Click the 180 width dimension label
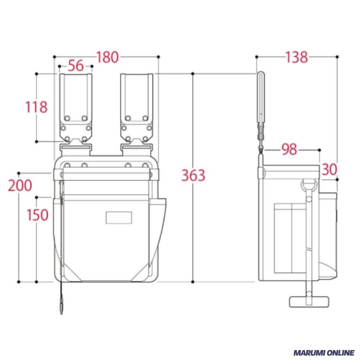coord(108,57)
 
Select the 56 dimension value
coord(76,66)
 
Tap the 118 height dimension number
coord(36,107)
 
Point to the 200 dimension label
coord(20,185)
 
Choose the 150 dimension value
coord(38,215)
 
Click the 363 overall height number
coord(193,175)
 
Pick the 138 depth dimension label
coord(297,57)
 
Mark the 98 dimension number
coord(289,149)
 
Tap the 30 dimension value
coord(329,170)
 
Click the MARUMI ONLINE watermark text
coord(324,352)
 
